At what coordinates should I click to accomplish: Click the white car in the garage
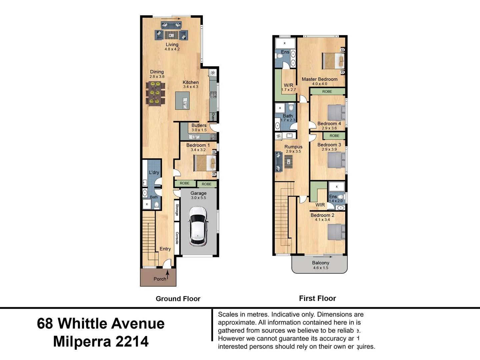tap(198, 226)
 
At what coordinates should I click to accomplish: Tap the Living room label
tap(172, 44)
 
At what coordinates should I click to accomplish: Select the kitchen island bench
tap(182, 100)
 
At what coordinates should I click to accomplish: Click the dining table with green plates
tap(155, 93)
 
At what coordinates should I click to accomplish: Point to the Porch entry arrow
tap(168, 275)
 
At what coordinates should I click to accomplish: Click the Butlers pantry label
tap(199, 125)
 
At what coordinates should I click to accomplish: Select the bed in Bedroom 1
tap(205, 163)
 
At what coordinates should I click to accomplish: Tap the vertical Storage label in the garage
tap(177, 210)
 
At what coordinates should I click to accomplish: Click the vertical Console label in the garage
tap(177, 238)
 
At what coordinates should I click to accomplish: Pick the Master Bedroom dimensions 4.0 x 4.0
tap(319, 84)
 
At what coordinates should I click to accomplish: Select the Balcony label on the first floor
tap(320, 263)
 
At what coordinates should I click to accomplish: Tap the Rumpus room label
tap(293, 147)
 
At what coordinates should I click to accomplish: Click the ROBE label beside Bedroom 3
tap(334, 136)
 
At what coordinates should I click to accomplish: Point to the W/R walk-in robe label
tap(288, 85)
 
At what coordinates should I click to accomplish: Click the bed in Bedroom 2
tap(336, 232)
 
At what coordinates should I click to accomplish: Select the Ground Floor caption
tap(178, 299)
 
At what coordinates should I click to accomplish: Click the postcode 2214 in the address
tap(132, 342)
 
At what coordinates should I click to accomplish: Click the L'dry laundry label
tap(154, 172)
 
